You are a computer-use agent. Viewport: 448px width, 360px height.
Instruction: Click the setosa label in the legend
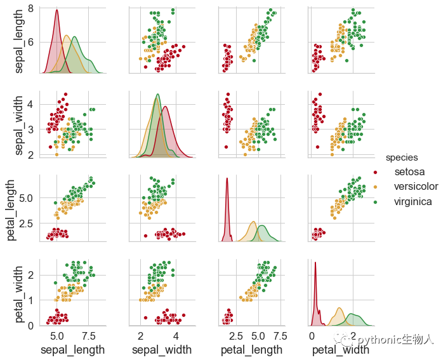coord(409,171)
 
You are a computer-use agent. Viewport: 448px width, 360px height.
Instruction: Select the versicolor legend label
coord(416,187)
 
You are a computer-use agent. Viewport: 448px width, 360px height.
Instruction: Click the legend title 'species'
coord(402,157)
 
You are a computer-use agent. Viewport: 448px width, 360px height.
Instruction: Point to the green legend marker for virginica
coord(375,202)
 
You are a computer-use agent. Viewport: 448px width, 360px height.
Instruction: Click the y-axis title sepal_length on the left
coord(19,42)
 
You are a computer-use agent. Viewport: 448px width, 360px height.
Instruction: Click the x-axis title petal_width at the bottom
coord(340,350)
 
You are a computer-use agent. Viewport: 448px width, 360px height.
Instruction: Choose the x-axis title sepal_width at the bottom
coord(161,350)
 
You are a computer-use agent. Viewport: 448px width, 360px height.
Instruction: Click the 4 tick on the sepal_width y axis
coord(30,104)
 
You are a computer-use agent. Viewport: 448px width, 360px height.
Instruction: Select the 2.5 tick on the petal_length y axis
coord(25,223)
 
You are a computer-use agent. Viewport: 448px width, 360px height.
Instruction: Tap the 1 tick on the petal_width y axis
coord(30,300)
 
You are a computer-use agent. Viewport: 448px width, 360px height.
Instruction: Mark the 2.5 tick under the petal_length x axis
coord(236,335)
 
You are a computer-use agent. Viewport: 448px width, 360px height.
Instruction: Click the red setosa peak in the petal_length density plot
coord(227,180)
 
